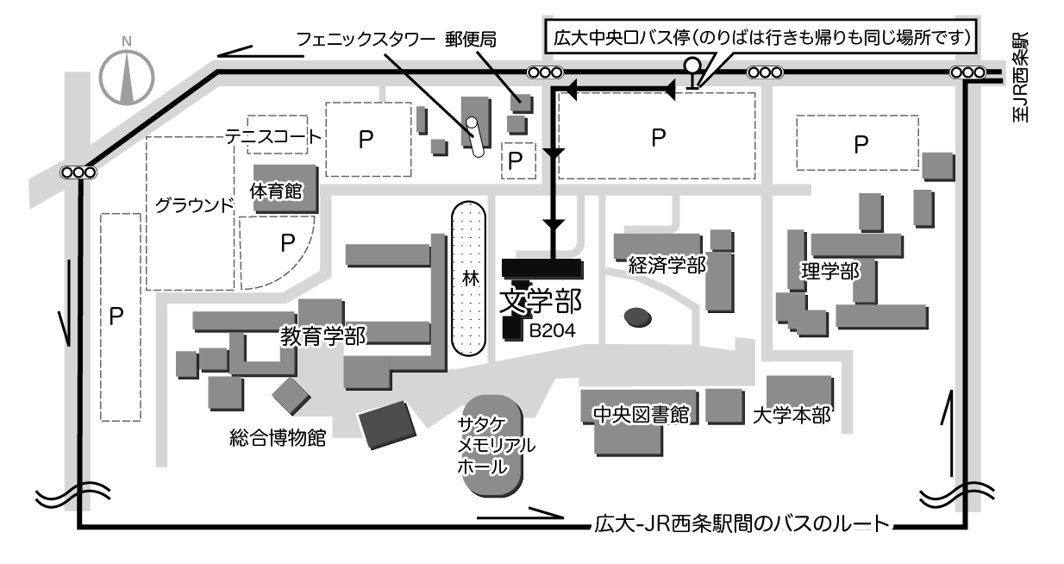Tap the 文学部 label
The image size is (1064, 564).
(x=541, y=302)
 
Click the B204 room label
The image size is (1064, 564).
(x=553, y=330)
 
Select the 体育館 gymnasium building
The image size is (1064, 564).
(x=285, y=189)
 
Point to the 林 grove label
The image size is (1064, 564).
(x=471, y=279)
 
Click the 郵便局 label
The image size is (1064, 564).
(x=471, y=40)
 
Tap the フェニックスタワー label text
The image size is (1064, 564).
(x=366, y=39)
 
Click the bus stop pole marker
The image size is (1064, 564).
(x=693, y=73)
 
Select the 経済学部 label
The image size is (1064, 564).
(x=667, y=266)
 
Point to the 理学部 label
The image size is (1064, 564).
(x=830, y=272)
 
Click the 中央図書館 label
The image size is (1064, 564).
(x=642, y=415)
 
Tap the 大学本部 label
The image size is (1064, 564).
(x=792, y=416)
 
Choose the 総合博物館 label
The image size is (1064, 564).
(x=278, y=437)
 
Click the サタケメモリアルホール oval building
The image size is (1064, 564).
(x=492, y=445)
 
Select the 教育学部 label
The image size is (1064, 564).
(x=323, y=336)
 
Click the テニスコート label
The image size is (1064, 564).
(x=273, y=137)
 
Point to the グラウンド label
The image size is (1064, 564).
(x=195, y=205)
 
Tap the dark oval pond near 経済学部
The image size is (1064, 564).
(x=638, y=317)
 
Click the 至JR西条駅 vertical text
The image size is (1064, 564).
(x=1020, y=77)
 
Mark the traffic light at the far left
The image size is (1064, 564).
(x=78, y=172)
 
